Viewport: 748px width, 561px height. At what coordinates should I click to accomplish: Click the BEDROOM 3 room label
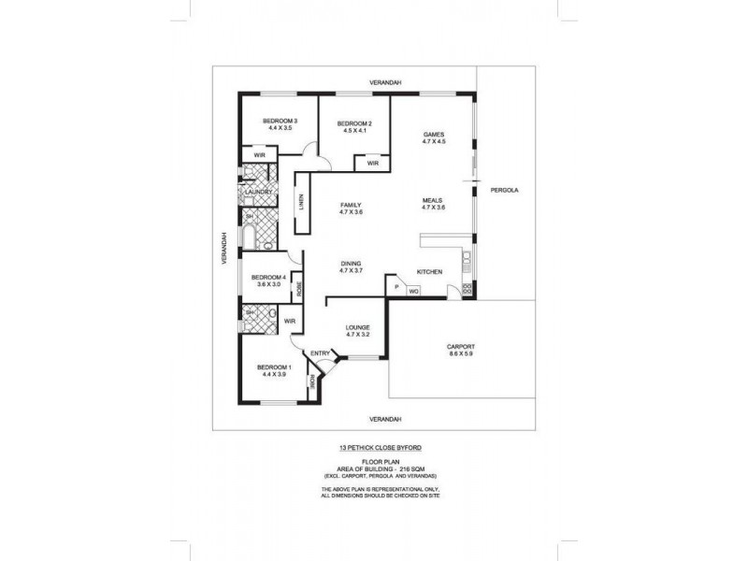click(x=280, y=121)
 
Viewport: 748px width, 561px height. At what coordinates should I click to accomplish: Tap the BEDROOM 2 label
click(x=354, y=124)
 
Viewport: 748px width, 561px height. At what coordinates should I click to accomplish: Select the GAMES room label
click(x=432, y=135)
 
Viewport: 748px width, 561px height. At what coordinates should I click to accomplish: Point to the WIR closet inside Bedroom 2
click(x=372, y=164)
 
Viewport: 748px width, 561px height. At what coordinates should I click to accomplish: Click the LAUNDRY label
click(x=258, y=192)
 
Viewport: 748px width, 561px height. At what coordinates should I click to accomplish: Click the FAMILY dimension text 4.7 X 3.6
click(x=351, y=212)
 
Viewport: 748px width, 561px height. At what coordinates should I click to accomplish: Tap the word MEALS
click(x=432, y=199)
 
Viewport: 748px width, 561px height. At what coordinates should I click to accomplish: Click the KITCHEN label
click(x=429, y=271)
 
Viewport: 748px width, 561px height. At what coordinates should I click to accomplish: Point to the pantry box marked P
click(x=396, y=286)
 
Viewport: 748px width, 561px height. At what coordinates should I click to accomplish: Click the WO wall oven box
click(x=412, y=292)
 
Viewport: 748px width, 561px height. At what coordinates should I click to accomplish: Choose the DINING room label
click(x=351, y=264)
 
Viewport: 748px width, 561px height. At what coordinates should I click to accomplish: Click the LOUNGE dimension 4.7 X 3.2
click(x=356, y=334)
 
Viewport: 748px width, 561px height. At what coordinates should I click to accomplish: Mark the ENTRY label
click(x=320, y=352)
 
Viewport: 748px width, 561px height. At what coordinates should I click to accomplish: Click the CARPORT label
click(x=462, y=346)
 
